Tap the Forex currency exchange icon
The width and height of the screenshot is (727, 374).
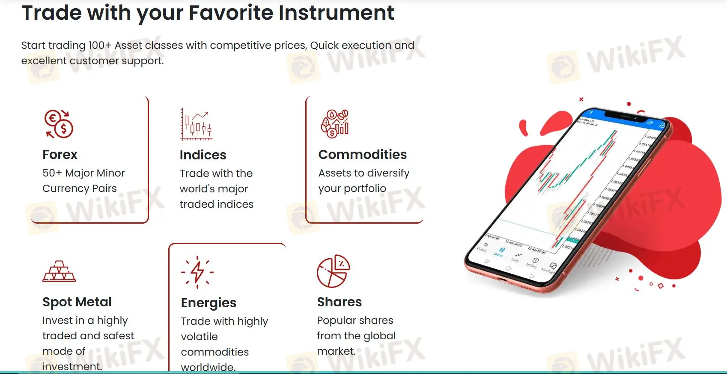59,124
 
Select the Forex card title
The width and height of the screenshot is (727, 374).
60,154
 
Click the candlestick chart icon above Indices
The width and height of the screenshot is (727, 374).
196,124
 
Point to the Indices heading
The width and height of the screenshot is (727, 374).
203,155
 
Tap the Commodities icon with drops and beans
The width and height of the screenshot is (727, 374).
335,124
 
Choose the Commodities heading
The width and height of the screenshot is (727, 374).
363,154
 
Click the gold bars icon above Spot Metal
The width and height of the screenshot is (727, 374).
59,271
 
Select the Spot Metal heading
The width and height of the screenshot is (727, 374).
77,302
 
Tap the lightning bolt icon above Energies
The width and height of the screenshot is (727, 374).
197,272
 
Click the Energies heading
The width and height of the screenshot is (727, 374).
209,303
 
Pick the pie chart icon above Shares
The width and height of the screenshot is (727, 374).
334,271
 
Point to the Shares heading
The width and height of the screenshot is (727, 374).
340,302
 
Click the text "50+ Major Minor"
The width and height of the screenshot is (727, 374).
83,173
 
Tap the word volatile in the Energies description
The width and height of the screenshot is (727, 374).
200,337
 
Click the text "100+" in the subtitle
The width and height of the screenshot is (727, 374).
100,45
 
